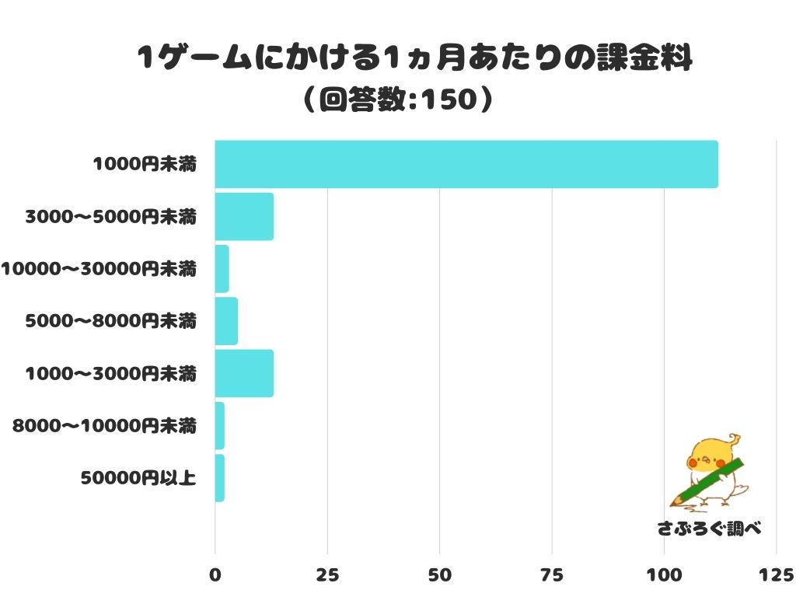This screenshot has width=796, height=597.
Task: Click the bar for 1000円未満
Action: pyautogui.click(x=466, y=164)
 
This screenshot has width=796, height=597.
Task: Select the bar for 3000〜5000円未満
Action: pyautogui.click(x=244, y=216)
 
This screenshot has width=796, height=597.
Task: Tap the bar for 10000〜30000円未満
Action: pyautogui.click(x=222, y=269)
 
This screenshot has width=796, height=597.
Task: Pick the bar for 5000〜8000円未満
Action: pyautogui.click(x=226, y=321)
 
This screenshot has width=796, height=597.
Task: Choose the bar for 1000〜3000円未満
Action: pyautogui.click(x=244, y=373)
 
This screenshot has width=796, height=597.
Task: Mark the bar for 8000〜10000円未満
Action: pyautogui.click(x=220, y=426)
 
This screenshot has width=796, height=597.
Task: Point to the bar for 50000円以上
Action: pyautogui.click(x=220, y=478)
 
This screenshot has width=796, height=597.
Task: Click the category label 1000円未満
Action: pyautogui.click(x=144, y=164)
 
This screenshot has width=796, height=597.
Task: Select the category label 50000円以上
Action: pyautogui.click(x=138, y=478)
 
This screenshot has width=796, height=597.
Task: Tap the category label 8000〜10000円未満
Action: pyautogui.click(x=104, y=426)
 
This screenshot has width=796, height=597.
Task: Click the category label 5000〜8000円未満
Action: pyautogui.click(x=110, y=321)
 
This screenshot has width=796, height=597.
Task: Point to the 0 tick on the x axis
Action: pyautogui.click(x=215, y=575)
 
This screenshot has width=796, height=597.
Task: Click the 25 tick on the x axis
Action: pyautogui.click(x=327, y=575)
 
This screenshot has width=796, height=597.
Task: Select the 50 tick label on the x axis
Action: pyautogui.click(x=440, y=575)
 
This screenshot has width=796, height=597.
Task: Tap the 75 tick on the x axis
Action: pyautogui.click(x=552, y=575)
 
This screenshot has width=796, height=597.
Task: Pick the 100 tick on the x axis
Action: pyautogui.click(x=665, y=575)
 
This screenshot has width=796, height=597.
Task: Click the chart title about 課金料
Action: pyautogui.click(x=414, y=58)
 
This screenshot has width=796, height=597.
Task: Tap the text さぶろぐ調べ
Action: pyautogui.click(x=708, y=529)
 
